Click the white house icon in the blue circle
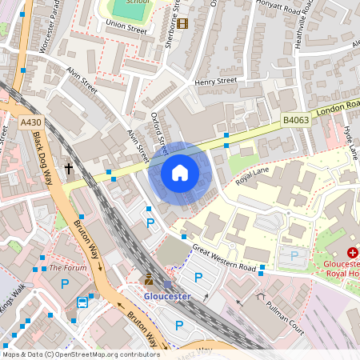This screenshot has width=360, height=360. (180, 173)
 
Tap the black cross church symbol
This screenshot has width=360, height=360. (69, 169)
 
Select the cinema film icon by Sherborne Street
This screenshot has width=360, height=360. (183, 23)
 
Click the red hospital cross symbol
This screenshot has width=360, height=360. (352, 251)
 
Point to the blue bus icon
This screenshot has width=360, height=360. (82, 302)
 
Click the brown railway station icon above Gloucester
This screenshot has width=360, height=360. (149, 279)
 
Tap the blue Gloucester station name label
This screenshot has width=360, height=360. (166, 295)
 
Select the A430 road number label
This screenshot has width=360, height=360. (30, 122)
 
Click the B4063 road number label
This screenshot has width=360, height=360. (295, 120)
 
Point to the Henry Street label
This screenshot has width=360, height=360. (215, 81)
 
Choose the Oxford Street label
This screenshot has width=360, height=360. (158, 132)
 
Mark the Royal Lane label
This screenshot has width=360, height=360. (254, 178)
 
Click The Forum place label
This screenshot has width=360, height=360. (67, 268)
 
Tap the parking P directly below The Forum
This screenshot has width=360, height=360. (66, 284)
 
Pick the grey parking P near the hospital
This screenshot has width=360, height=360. (294, 255)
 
